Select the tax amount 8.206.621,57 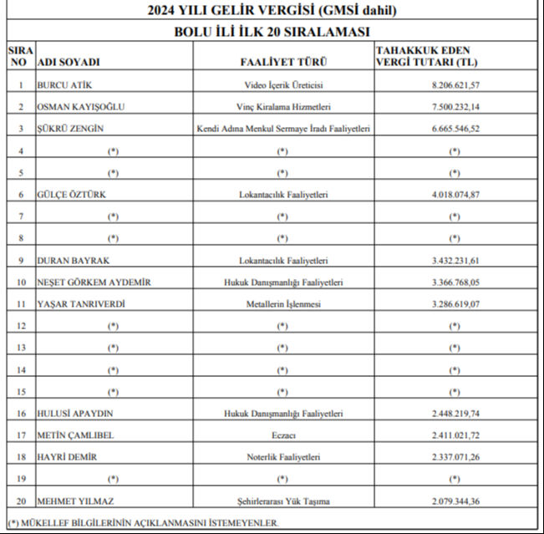point(455,85)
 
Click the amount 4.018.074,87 point(455,195)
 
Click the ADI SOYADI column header point(69,63)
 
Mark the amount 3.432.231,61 point(455,261)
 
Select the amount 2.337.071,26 point(455,457)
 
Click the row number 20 point(20,501)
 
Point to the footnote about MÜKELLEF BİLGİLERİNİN point(142,522)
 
